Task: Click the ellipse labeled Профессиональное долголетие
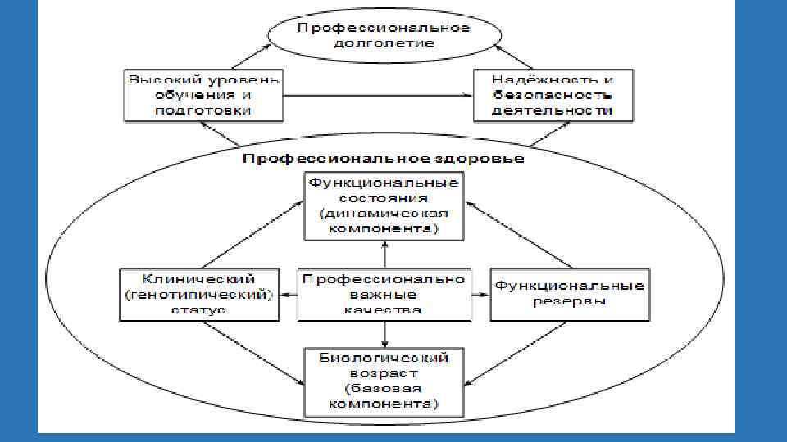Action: pos(383,35)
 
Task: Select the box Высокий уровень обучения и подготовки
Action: pos(202,94)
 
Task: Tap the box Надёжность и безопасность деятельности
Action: pos(553,94)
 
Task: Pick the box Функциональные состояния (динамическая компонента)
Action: pos(383,205)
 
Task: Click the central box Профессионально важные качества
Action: pos(383,294)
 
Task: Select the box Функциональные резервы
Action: pos(569,294)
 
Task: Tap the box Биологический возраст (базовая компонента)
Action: pos(383,381)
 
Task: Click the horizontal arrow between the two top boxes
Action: pos(377,95)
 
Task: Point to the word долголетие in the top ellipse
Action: pos(383,43)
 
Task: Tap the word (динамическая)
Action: pos(383,214)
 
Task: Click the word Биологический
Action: pos(383,358)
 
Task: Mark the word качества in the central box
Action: pos(383,310)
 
